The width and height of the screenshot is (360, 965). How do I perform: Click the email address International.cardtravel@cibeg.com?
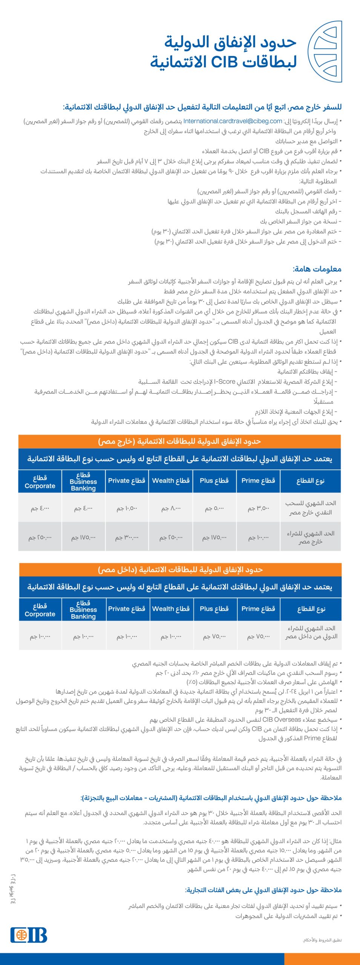coord(233,121)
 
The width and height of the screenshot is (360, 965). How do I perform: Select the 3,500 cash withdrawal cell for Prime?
coord(258,509)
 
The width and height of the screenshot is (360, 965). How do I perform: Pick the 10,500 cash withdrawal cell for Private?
coord(127,509)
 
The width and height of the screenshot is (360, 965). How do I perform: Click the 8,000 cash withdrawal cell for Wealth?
coord(171,509)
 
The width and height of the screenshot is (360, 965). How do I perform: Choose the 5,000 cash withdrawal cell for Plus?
coord(214,509)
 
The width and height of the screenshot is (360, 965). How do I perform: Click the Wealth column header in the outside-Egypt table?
coord(171,481)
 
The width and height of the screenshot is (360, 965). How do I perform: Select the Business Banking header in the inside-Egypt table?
coord(83,609)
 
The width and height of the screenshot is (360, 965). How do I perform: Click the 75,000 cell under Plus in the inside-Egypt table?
coord(214,636)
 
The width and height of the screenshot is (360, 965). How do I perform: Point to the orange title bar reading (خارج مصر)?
coord(179,441)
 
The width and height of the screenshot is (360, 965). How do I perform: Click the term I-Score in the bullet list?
coord(225,381)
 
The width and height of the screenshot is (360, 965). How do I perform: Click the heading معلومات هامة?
coord(317,269)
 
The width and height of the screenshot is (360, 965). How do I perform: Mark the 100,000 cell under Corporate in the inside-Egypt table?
coord(40,636)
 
